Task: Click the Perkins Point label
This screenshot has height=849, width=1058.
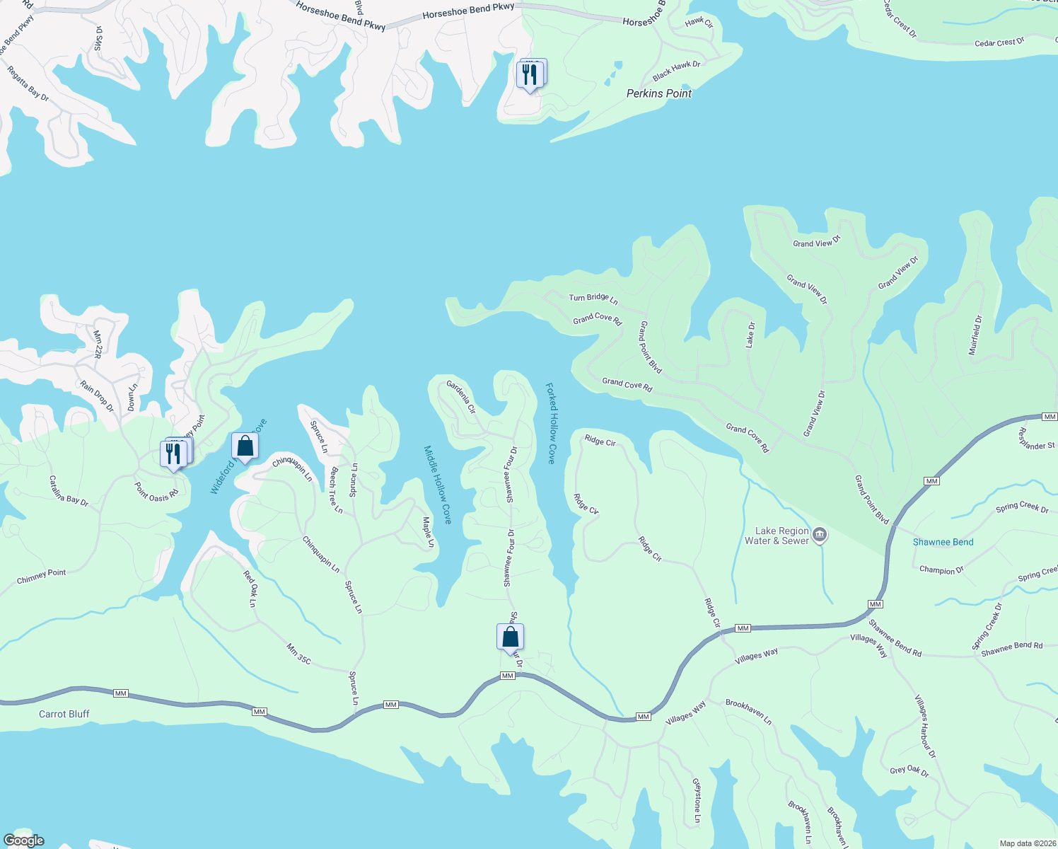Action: (x=658, y=93)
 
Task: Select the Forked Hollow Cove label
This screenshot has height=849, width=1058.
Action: (x=550, y=423)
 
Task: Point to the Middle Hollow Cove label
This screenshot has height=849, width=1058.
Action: (x=438, y=485)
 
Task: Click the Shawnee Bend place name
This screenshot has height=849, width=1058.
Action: (x=943, y=542)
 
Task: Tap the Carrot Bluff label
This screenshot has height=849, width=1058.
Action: (x=64, y=714)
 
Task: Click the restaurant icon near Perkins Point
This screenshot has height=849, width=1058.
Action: (x=530, y=74)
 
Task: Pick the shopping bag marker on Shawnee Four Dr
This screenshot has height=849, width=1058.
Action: (x=510, y=637)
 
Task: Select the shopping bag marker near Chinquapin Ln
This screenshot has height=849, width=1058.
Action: (x=245, y=446)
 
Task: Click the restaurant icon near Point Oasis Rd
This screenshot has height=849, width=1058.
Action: (x=173, y=454)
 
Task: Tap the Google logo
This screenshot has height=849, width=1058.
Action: (x=24, y=841)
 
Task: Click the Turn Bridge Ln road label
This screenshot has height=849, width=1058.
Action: (x=593, y=299)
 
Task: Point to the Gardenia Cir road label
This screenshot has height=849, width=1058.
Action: (x=460, y=397)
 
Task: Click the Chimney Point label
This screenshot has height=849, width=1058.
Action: (x=41, y=577)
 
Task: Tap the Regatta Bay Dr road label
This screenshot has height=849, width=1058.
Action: (x=28, y=83)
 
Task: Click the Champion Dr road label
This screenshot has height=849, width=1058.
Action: (x=941, y=570)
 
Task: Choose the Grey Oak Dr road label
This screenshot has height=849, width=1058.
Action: (x=909, y=770)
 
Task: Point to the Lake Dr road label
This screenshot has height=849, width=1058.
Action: (x=751, y=335)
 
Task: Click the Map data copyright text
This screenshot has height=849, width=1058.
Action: (x=1026, y=843)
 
